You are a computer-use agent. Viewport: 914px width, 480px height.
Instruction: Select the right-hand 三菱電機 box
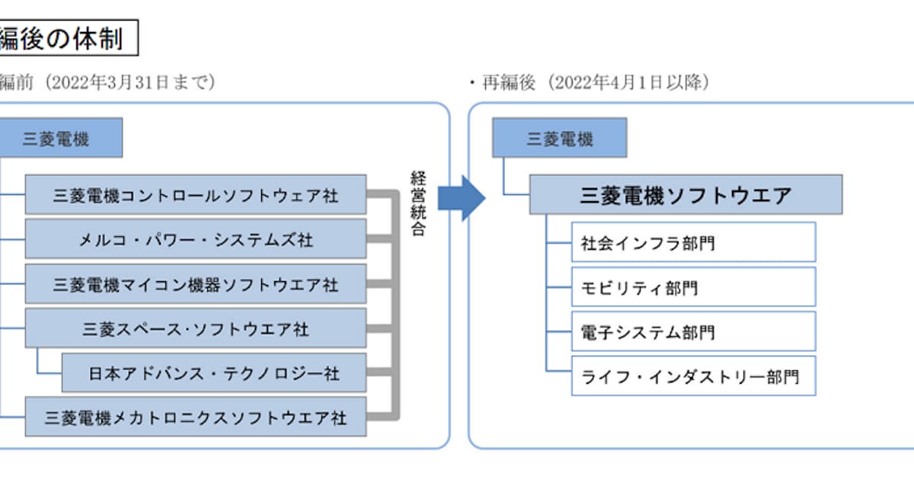(x=559, y=138)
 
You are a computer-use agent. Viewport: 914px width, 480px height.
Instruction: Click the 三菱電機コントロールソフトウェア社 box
(x=196, y=195)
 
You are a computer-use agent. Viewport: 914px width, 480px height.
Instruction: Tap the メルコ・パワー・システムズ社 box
(x=196, y=239)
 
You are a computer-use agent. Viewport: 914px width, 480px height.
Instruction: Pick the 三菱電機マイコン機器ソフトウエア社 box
(x=196, y=284)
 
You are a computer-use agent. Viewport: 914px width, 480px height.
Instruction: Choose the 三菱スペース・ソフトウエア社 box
(x=196, y=328)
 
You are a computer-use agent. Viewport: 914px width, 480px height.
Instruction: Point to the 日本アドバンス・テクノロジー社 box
(x=214, y=373)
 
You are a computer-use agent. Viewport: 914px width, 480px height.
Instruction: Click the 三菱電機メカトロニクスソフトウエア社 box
(x=196, y=417)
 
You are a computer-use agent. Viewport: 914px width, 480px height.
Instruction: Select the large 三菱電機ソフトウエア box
(x=685, y=194)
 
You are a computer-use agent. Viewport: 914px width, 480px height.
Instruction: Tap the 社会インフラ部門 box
(x=693, y=242)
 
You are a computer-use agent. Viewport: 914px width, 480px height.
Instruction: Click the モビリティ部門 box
(x=693, y=286)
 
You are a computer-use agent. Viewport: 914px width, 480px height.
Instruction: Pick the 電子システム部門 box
(x=693, y=331)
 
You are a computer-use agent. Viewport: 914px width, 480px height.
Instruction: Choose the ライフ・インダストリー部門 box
(x=693, y=376)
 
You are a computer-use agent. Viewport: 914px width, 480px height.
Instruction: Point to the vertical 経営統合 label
(x=418, y=204)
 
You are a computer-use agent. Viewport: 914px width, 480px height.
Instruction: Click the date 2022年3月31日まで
(x=129, y=82)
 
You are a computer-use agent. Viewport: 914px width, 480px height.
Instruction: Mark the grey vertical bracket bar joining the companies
(x=395, y=305)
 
